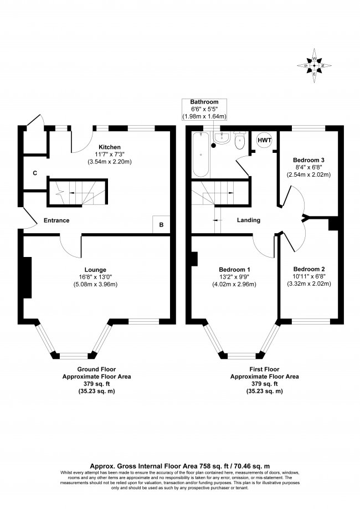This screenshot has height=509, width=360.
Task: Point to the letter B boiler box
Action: pos(161,225)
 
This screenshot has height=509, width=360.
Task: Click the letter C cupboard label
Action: pos(35,174)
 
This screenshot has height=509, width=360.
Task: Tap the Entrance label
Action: pos(56,220)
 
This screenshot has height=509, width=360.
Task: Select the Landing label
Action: pos(249,220)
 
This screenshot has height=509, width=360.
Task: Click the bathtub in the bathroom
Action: pos(200,155)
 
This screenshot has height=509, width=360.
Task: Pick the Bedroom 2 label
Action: pos(308,270)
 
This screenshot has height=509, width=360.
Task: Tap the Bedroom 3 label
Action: pos(308,161)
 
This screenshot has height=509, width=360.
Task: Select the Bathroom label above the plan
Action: pos(204,102)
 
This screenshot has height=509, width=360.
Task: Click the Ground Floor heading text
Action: pos(96,368)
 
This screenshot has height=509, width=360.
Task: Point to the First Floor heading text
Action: pos(264,368)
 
